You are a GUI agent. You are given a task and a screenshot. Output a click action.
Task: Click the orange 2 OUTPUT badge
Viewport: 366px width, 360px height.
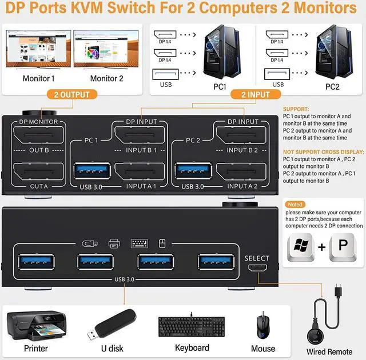pyautogui.click(x=72, y=94)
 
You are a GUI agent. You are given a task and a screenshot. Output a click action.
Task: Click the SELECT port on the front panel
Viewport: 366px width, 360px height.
pyautogui.click(x=257, y=269)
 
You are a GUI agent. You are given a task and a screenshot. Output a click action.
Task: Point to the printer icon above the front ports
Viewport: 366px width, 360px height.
pyautogui.click(x=114, y=243)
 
